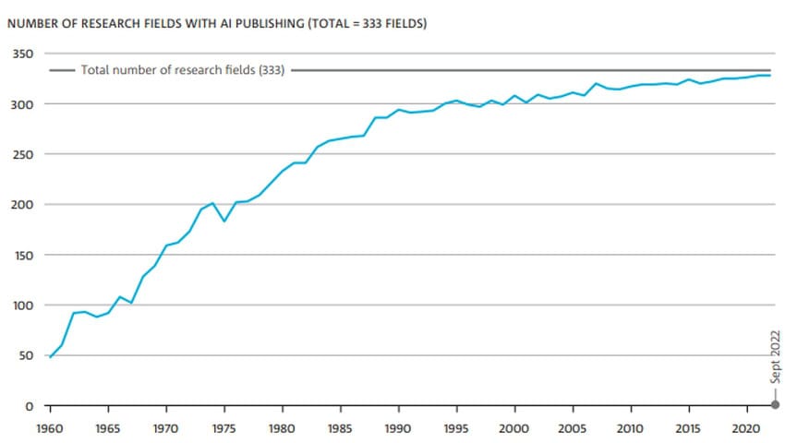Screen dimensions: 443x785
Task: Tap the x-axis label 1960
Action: pos(50,429)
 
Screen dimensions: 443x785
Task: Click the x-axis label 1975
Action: pos(224,429)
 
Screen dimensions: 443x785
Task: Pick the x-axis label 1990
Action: pos(398,429)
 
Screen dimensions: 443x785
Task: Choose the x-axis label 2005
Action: pos(573,429)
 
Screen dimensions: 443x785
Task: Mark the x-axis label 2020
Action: pos(746,429)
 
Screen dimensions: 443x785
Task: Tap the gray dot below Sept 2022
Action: pos(775,404)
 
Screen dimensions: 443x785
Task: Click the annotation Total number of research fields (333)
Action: pos(183,70)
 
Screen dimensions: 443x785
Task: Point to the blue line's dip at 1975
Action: pos(224,221)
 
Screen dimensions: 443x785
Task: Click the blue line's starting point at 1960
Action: pos(50,356)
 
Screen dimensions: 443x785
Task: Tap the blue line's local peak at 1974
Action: pos(212,203)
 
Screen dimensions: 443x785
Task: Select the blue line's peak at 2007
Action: pos(596,84)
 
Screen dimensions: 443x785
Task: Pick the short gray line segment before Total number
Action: pos(63,70)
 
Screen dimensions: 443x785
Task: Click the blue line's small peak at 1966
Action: pos(120,296)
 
